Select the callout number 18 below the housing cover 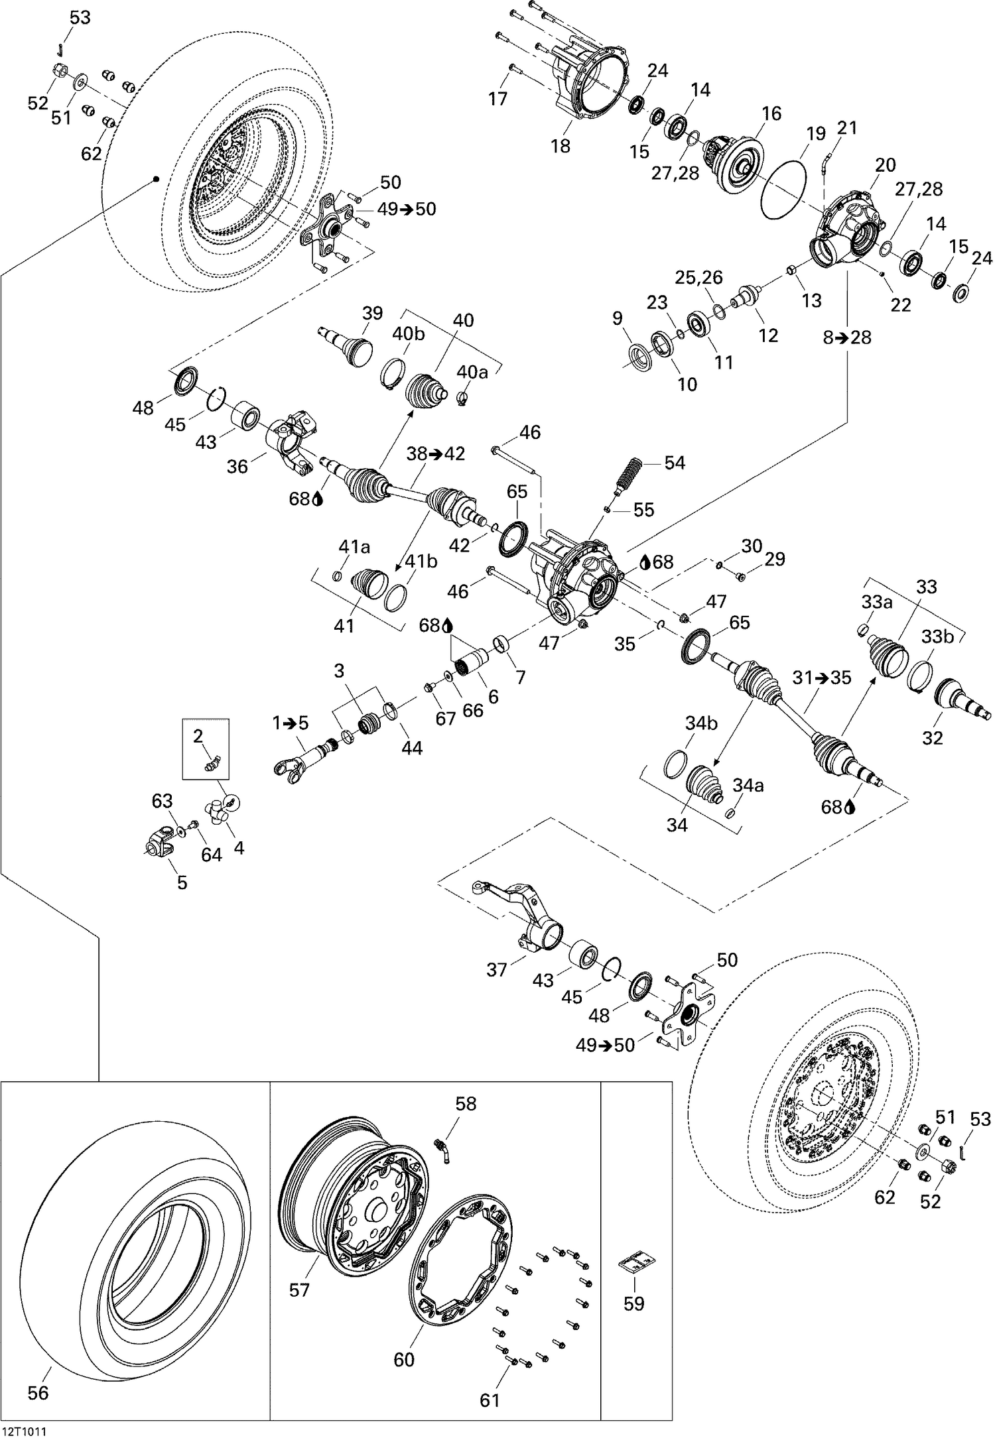point(561,146)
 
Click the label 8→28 point(847,337)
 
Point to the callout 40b point(408,333)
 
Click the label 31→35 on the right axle point(822,678)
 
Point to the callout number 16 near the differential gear point(771,113)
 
